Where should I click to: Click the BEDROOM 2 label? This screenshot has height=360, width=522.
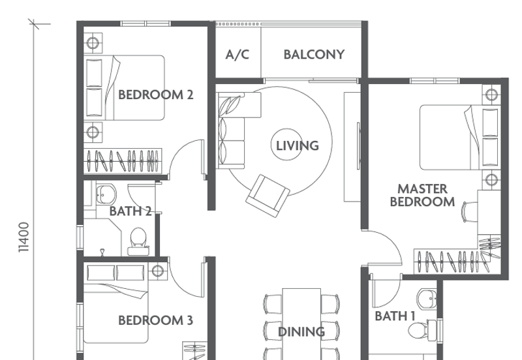click(x=155, y=95)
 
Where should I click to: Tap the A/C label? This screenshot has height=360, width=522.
click(x=238, y=55)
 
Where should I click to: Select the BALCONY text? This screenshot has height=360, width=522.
click(x=314, y=55)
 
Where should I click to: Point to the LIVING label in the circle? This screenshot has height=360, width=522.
click(x=298, y=145)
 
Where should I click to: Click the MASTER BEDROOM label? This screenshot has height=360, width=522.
click(x=422, y=195)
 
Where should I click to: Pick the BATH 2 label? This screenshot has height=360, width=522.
click(x=130, y=211)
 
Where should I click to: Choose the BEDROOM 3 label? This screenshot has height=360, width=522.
click(x=155, y=320)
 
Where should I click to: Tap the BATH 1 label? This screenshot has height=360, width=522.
click(x=395, y=316)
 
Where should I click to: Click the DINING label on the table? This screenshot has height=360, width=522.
click(x=301, y=331)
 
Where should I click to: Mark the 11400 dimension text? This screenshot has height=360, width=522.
click(x=24, y=237)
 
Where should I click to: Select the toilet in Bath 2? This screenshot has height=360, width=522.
click(x=138, y=239)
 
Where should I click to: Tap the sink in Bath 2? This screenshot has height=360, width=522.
click(x=105, y=194)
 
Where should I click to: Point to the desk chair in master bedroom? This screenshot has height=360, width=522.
click(x=468, y=211)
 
